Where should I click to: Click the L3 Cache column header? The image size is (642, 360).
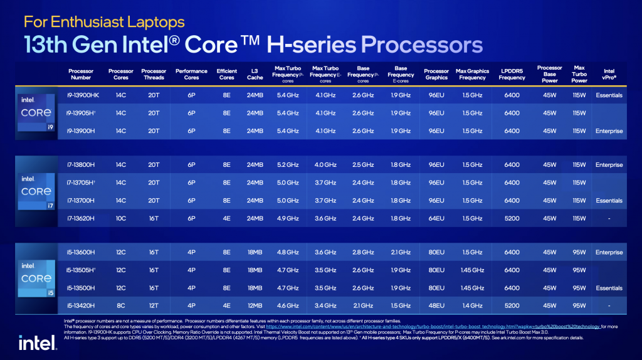pyautogui.click(x=255, y=74)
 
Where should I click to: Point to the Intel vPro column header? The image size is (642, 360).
pyautogui.click(x=609, y=74)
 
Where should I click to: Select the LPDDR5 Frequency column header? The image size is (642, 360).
pyautogui.click(x=512, y=74)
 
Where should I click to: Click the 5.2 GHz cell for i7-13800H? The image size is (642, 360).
pyautogui.click(x=288, y=165)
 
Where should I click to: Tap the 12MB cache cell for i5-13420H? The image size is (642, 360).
pyautogui.click(x=255, y=305)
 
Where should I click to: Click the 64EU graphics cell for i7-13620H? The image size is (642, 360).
pyautogui.click(x=436, y=218)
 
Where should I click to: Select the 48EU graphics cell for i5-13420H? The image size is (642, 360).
pyautogui.click(x=436, y=305)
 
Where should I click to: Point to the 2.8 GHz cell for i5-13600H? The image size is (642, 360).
pyautogui.click(x=363, y=252)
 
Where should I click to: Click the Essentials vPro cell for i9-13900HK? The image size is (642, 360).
pyautogui.click(x=609, y=95)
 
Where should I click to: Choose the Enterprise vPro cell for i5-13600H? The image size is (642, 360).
pyautogui.click(x=609, y=252)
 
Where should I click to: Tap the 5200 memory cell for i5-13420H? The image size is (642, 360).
pyautogui.click(x=512, y=305)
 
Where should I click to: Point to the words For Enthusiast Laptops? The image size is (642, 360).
pyautogui.click(x=104, y=22)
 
